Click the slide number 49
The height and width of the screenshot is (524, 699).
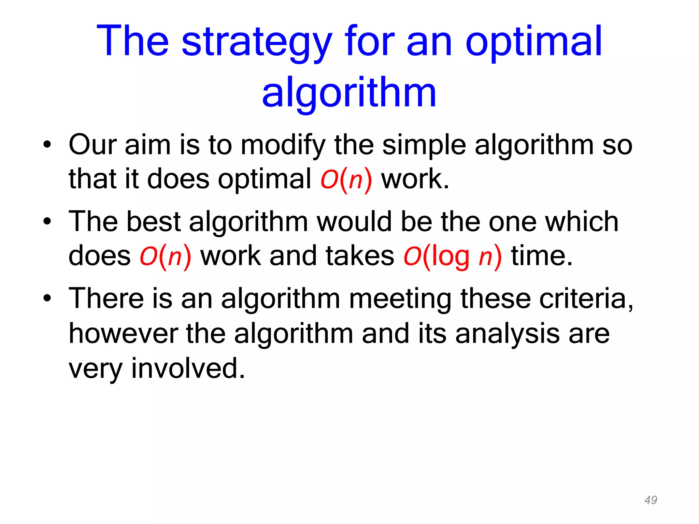651,500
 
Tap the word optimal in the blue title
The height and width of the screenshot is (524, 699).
534,42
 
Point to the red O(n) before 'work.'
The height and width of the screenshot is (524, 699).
346,179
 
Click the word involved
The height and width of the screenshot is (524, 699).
188,368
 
